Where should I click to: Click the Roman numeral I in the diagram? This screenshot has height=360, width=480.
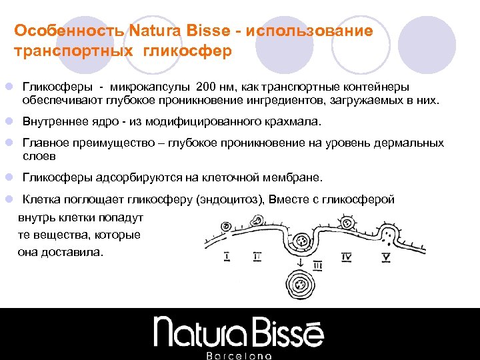tap(228, 255)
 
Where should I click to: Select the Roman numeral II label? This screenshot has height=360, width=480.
tap(258, 255)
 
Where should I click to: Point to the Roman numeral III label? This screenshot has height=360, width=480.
tap(317, 265)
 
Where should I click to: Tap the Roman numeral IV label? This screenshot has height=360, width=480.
tap(347, 255)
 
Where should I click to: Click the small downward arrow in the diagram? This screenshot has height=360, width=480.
tap(301, 263)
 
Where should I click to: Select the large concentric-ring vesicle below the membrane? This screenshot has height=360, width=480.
tap(302, 286)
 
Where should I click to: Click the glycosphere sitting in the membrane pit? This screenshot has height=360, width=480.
tap(301, 241)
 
